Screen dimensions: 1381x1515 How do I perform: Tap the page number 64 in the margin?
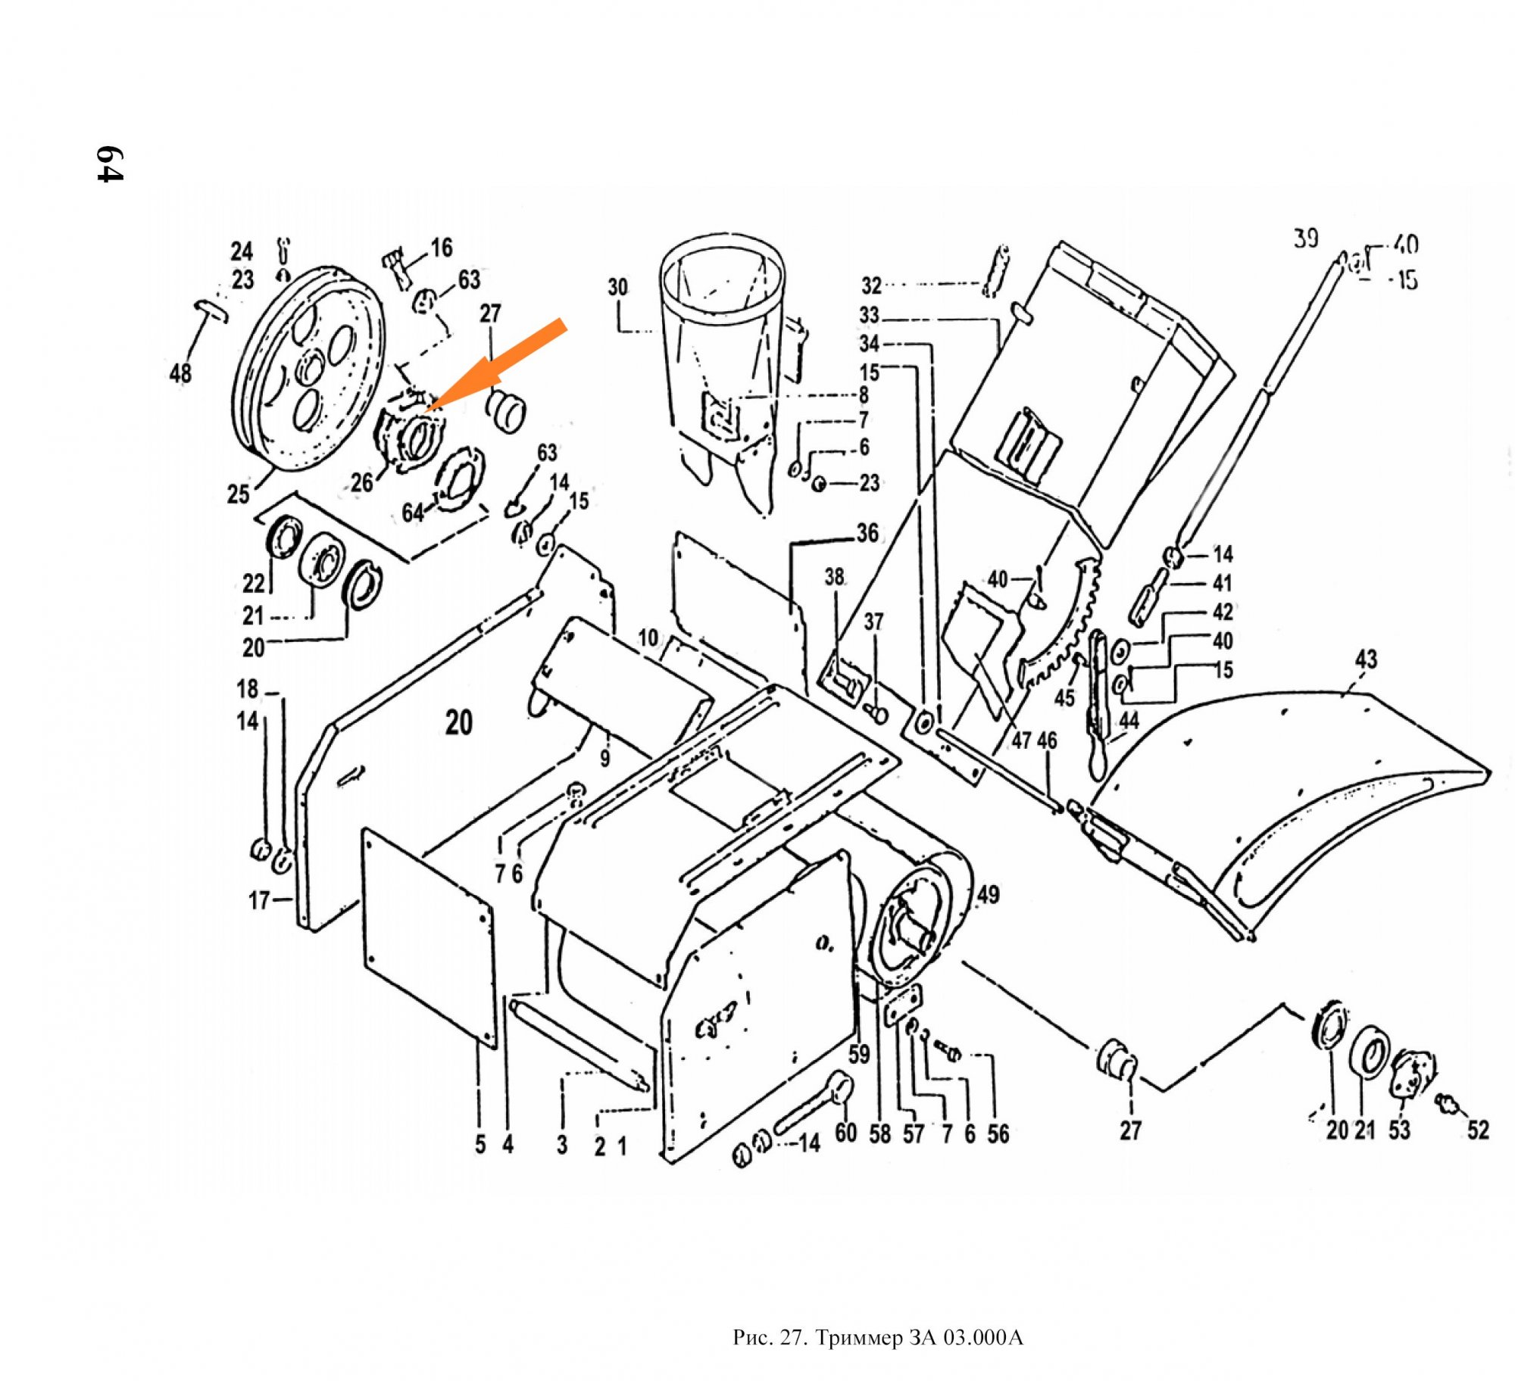(x=109, y=164)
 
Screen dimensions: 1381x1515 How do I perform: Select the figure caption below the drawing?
(x=877, y=1338)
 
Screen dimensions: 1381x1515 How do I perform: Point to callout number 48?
(x=180, y=373)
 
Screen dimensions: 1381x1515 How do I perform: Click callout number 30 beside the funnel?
(x=617, y=288)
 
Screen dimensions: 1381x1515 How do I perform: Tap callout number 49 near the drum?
(x=988, y=895)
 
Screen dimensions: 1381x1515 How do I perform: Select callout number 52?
(x=1477, y=1130)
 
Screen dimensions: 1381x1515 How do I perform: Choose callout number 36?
(x=867, y=533)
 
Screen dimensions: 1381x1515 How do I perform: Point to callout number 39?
(x=1305, y=239)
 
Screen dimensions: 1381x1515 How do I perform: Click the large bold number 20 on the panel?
(x=459, y=723)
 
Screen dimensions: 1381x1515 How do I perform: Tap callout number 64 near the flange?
(x=412, y=513)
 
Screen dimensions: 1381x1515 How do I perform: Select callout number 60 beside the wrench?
(x=845, y=1133)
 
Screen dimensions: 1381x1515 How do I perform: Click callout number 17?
(x=259, y=900)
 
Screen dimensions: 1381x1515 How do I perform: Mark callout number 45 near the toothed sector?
(x=1064, y=697)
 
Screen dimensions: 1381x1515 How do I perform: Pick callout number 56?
(x=998, y=1133)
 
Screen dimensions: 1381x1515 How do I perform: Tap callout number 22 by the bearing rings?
(x=254, y=583)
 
